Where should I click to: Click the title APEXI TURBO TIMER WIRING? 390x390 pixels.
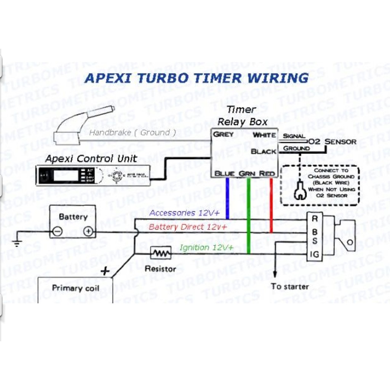[196, 78]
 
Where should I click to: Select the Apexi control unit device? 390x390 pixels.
[93, 176]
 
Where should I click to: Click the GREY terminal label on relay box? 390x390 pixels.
[223, 134]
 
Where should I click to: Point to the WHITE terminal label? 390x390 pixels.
[264, 135]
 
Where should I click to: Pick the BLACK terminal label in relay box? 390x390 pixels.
[264, 151]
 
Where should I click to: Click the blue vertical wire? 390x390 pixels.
[227, 198]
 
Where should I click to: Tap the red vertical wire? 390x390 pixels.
[271, 206]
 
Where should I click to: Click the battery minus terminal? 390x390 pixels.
[58, 231]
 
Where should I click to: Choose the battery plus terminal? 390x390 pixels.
[88, 231]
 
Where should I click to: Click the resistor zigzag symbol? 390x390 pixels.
[159, 253]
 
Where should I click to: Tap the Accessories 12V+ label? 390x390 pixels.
[184, 213]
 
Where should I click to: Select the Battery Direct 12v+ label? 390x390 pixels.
[188, 227]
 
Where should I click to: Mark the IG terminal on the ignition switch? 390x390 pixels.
[315, 254]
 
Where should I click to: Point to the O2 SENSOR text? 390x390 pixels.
[332, 142]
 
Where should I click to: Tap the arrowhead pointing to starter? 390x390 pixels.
[275, 275]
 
